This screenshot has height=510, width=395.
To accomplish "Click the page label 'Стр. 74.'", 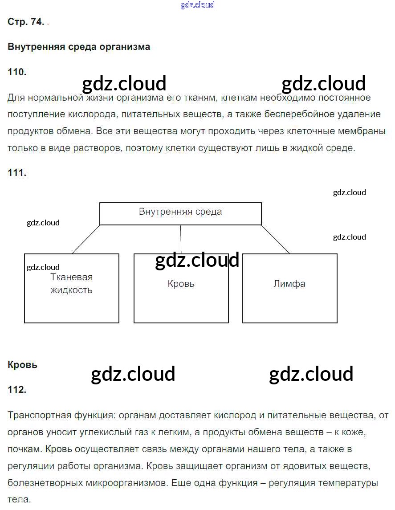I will coord(26,22).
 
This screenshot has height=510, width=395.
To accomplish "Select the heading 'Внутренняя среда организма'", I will coord(79,47).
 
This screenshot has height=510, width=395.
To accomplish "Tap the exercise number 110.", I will coord(17,72).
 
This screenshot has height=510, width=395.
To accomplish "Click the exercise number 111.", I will coord(17,173).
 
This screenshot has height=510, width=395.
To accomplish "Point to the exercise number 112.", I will coord(17,390).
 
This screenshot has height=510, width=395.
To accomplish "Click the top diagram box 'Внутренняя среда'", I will coord(180,213).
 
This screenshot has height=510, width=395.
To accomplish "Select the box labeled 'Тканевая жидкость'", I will coord(72,288).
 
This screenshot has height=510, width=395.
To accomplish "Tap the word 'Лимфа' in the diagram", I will coord(289,284).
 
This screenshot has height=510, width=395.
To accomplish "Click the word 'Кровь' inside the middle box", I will coord(181,284).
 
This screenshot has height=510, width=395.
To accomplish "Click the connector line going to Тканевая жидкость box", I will coord(86,239).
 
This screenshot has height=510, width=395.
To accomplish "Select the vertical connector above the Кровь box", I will coord(180,239).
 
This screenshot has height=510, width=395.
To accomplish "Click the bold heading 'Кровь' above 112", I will coord(23,365).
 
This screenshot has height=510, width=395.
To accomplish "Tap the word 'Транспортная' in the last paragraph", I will coord(37,416).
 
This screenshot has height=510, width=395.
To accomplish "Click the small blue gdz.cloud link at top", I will coord(197,5).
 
